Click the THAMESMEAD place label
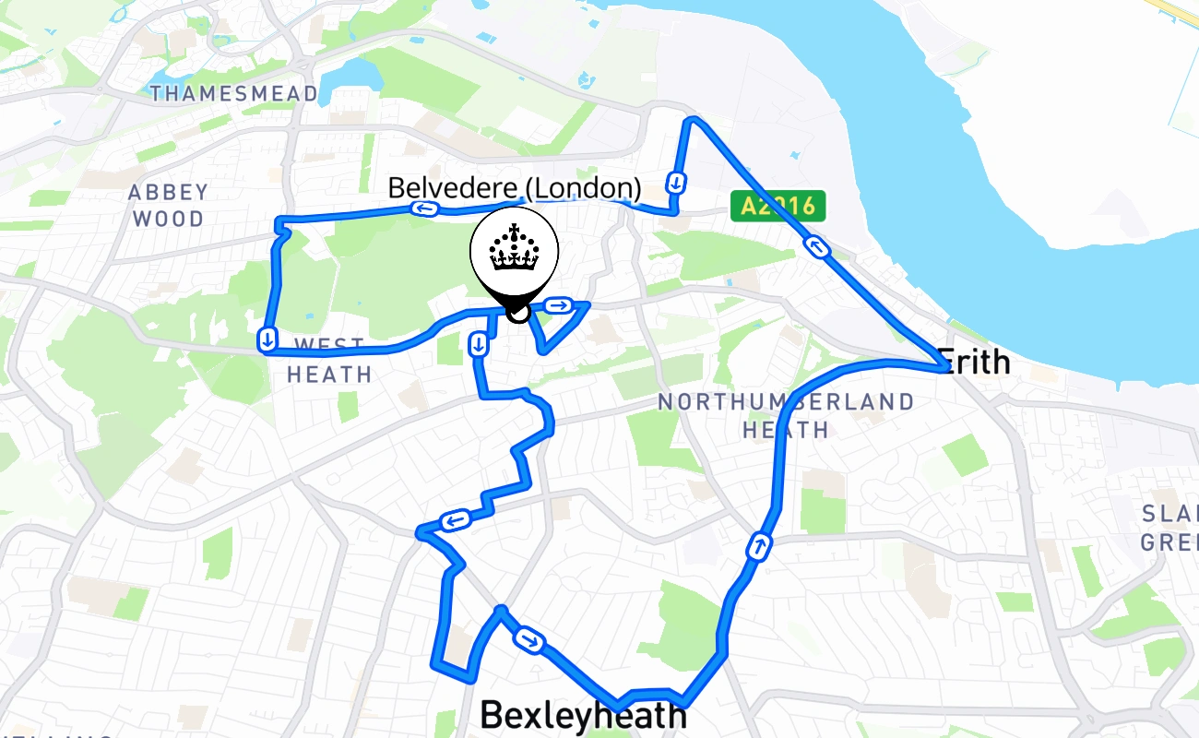(233, 93)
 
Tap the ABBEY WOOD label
(168, 206)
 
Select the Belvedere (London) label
(514, 188)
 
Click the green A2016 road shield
(778, 206)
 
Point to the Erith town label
(973, 362)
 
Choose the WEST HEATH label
(329, 361)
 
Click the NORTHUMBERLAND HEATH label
(786, 416)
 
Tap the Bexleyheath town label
(583, 716)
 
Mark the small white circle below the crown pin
(518, 313)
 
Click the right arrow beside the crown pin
(558, 305)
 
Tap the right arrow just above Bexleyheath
(529, 639)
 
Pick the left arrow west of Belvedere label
(424, 208)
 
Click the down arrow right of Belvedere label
(677, 182)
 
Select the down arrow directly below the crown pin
(478, 345)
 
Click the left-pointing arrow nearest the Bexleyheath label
(455, 522)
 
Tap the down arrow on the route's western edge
(267, 339)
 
